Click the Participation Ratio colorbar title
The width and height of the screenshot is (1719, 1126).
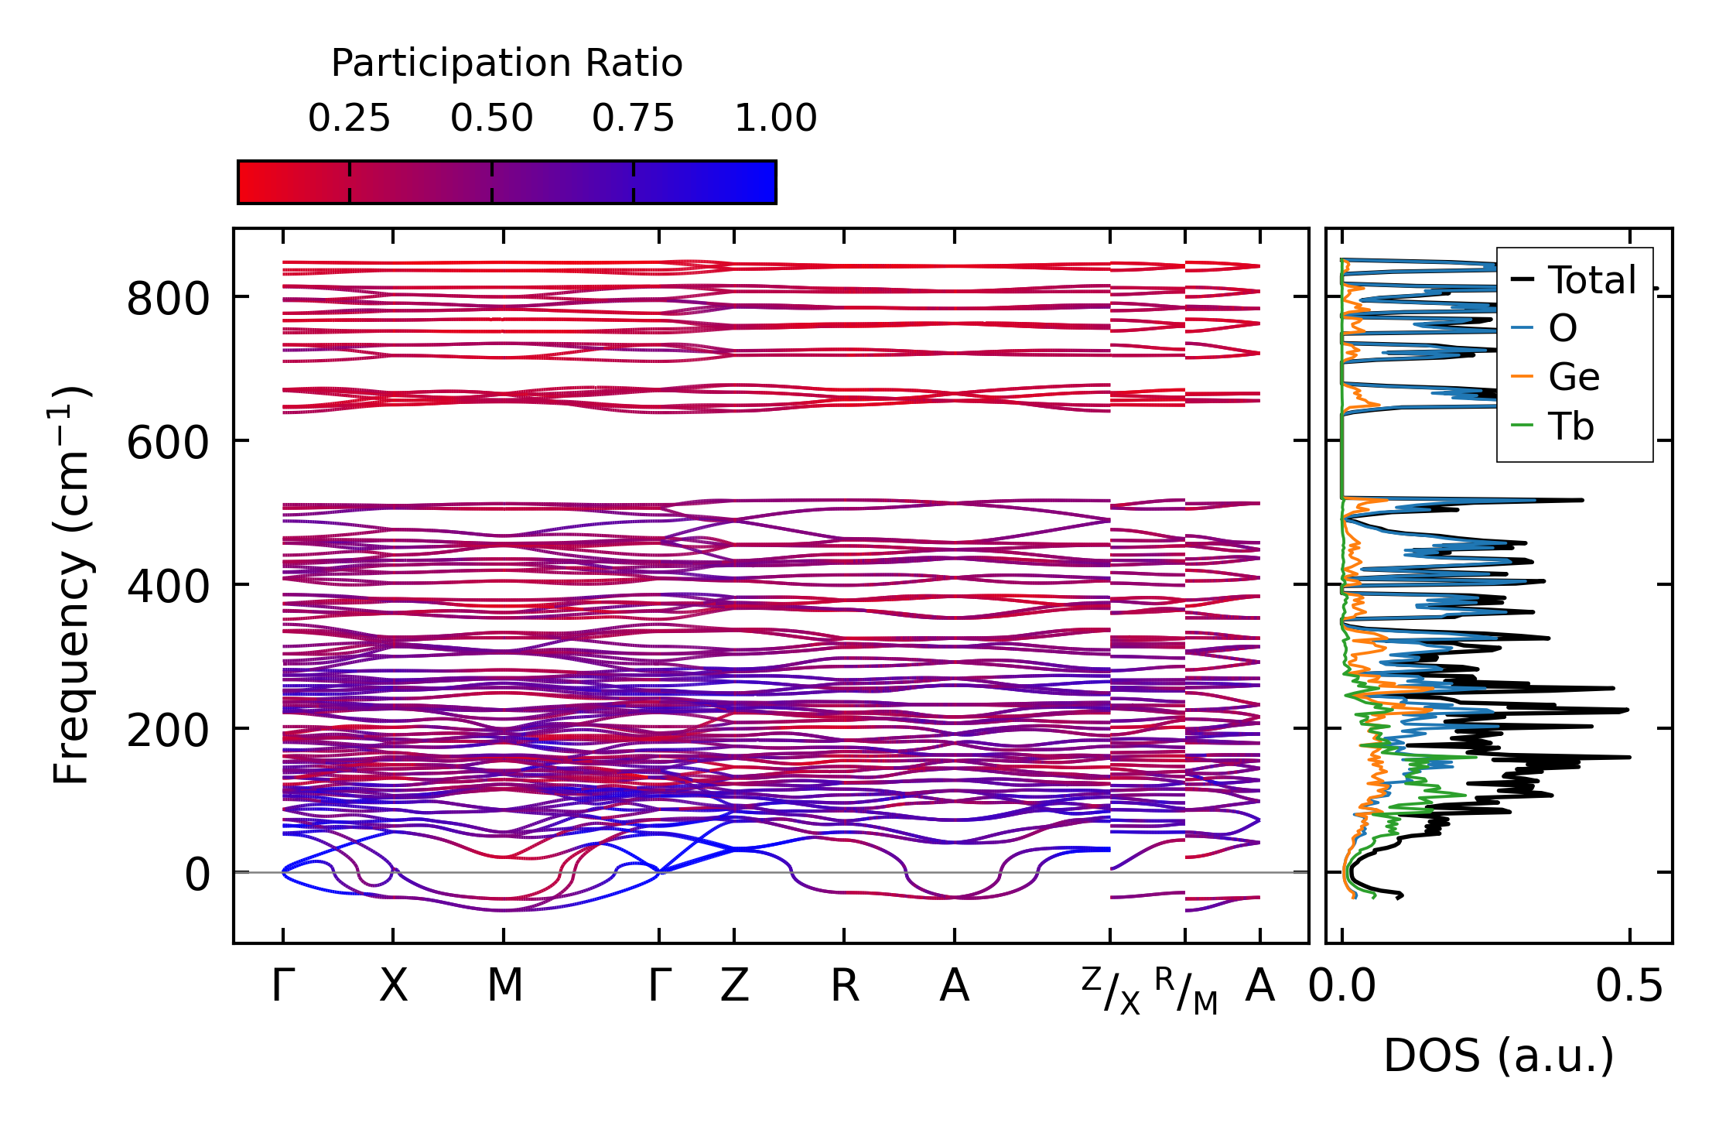click(x=507, y=63)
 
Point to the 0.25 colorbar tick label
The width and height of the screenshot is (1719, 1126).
click(x=349, y=118)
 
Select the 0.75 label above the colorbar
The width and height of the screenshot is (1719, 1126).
click(x=633, y=118)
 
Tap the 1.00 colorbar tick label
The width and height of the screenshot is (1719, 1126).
click(x=775, y=118)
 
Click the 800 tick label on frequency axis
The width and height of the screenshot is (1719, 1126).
click(x=168, y=299)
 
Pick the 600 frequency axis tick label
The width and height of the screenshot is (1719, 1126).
click(x=168, y=443)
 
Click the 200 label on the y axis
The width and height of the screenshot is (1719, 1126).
click(x=168, y=731)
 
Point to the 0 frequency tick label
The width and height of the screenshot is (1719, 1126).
click(x=197, y=875)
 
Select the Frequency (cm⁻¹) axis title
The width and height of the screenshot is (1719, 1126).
click(x=71, y=585)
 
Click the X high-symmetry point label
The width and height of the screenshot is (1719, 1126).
click(x=393, y=986)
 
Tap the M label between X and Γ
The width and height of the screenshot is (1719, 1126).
click(x=504, y=986)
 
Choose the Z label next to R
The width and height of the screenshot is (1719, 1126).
click(x=734, y=986)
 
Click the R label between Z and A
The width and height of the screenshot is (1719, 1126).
click(x=844, y=986)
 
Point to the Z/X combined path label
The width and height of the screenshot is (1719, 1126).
click(x=1111, y=991)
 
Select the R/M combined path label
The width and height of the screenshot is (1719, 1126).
click(x=1186, y=991)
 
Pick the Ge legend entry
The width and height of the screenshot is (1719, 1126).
click(x=1573, y=378)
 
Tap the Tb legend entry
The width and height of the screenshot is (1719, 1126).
click(x=1570, y=426)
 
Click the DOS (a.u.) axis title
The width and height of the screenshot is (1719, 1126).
click(x=1499, y=1056)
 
